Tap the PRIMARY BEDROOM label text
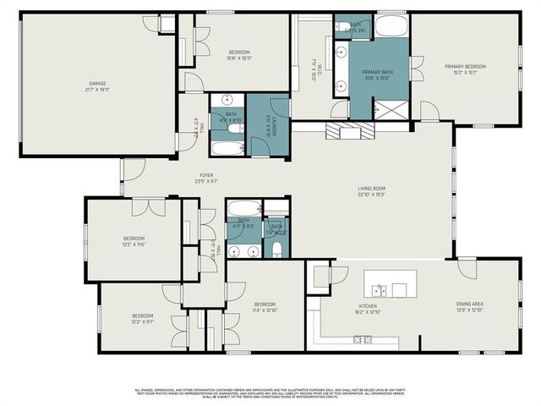466,67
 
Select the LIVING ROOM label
372,189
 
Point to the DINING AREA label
469,306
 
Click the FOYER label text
206,175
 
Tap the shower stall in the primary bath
391,108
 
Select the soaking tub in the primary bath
391,26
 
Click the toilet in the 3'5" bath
276,248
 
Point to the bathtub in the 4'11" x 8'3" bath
245,208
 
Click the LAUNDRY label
269,127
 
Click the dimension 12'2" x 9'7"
141,321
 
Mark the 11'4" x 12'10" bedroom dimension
265,310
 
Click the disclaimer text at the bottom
270,392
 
